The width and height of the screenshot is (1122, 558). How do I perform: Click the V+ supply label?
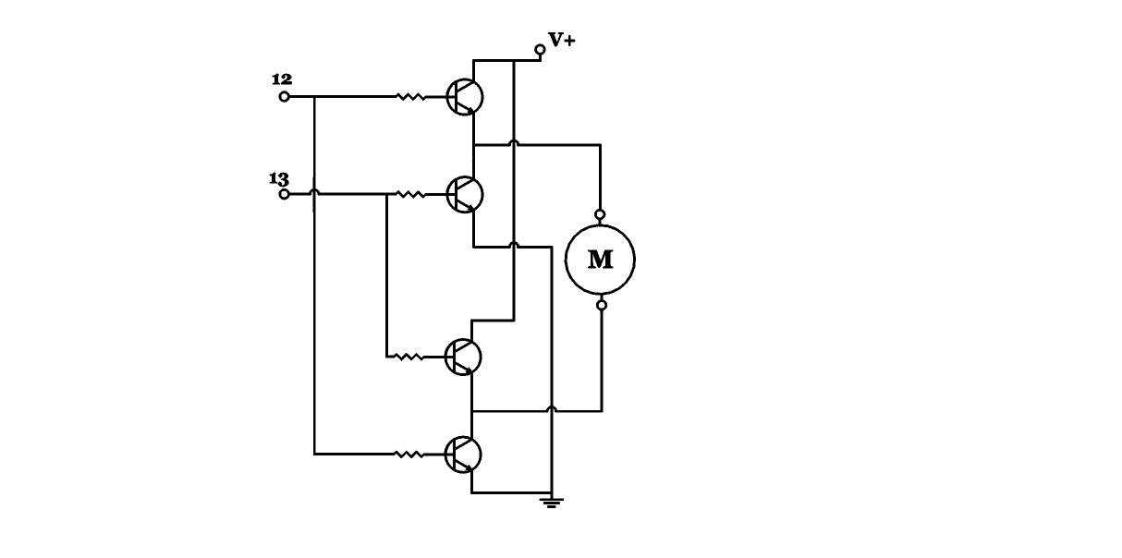click(562, 40)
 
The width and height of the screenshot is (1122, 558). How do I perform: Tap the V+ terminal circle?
click(541, 48)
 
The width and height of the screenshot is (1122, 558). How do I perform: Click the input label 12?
click(282, 79)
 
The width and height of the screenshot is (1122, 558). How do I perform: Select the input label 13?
click(279, 178)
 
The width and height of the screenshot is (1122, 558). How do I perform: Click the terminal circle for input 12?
click(285, 96)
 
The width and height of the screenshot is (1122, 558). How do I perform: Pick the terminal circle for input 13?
click(285, 194)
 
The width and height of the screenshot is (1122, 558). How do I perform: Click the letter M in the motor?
click(601, 260)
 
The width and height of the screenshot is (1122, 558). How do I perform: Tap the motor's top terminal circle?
click(601, 214)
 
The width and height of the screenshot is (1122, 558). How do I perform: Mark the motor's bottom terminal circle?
click(601, 305)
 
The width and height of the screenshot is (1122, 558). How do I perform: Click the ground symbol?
click(551, 503)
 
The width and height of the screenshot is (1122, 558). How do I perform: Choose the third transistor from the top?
click(463, 356)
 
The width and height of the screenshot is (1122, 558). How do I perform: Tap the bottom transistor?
click(463, 454)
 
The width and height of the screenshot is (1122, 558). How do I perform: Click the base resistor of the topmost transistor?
click(409, 96)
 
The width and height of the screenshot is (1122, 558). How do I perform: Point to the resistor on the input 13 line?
click(409, 194)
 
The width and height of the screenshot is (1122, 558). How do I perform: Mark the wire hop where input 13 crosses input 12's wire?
click(314, 192)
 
